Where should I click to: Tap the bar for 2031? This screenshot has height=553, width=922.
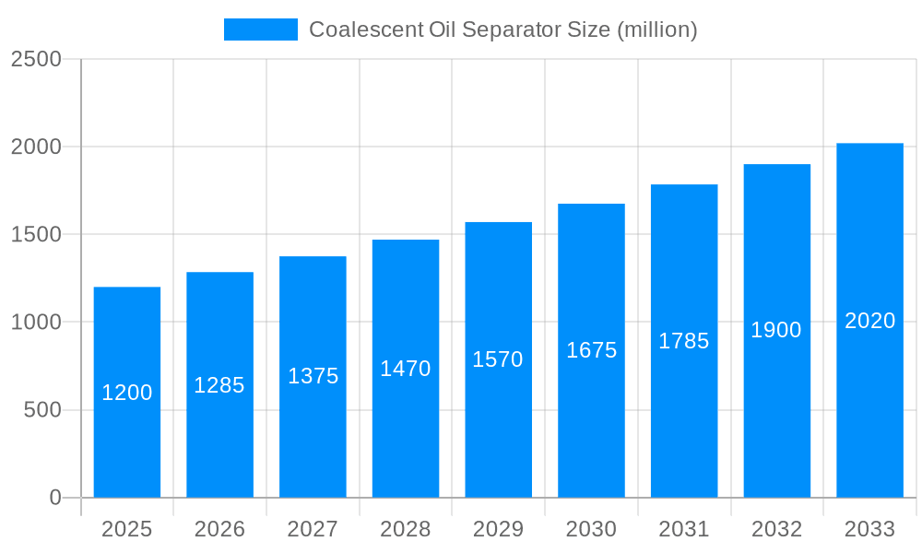pyautogui.click(x=684, y=415)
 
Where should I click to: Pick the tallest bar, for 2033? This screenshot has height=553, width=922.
pyautogui.click(x=869, y=406)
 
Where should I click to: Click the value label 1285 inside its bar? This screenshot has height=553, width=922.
pyautogui.click(x=219, y=385)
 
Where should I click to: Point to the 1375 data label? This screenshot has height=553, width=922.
pyautogui.click(x=313, y=376)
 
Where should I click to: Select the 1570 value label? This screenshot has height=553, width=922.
pyautogui.click(x=498, y=359)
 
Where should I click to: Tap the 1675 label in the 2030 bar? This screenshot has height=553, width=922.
pyautogui.click(x=591, y=350)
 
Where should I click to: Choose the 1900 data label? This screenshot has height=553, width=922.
pyautogui.click(x=776, y=330)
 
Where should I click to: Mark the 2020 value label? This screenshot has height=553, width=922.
pyautogui.click(x=870, y=321)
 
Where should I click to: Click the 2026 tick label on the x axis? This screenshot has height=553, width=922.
pyautogui.click(x=219, y=529)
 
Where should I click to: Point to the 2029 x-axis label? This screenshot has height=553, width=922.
pyautogui.click(x=498, y=529)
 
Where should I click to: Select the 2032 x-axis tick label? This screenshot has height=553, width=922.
pyautogui.click(x=776, y=529)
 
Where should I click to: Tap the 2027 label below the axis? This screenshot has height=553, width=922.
pyautogui.click(x=313, y=529)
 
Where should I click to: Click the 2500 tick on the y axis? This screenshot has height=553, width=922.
pyautogui.click(x=36, y=59)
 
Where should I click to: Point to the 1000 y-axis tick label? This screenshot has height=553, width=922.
pyautogui.click(x=36, y=323)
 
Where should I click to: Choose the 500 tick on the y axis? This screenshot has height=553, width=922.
pyautogui.click(x=42, y=410)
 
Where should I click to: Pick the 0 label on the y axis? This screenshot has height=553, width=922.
pyautogui.click(x=55, y=498)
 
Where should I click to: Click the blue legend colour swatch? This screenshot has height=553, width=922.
pyautogui.click(x=261, y=29)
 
